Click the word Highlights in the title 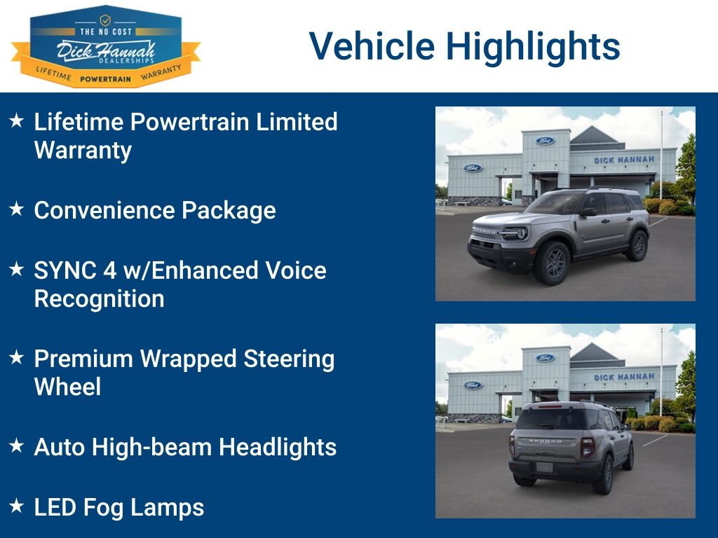click(533, 46)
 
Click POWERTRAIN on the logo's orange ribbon click(106, 79)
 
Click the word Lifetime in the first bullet click(79, 122)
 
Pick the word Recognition click(99, 299)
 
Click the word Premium click(83, 359)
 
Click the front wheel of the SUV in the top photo click(552, 262)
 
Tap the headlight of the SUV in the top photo click(517, 233)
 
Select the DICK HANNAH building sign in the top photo click(623, 160)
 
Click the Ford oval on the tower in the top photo click(546, 141)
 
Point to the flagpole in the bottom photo click(661, 371)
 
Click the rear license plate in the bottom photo click(545, 467)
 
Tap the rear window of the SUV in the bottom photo click(551, 419)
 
